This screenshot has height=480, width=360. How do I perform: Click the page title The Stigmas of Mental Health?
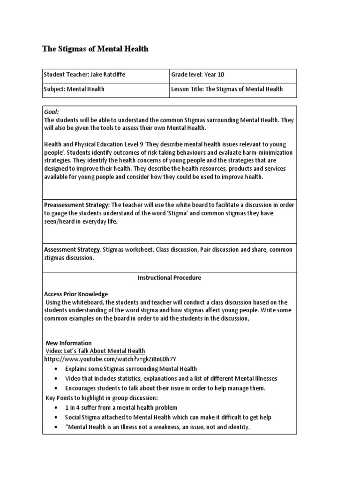(x=95, y=49)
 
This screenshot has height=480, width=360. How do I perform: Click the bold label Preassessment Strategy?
(x=77, y=205)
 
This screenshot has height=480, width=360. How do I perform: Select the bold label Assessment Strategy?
(x=72, y=250)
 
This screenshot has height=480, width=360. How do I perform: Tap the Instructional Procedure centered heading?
(x=169, y=277)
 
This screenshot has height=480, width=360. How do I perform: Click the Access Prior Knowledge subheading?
(x=76, y=294)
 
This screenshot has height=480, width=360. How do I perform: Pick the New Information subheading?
(x=68, y=343)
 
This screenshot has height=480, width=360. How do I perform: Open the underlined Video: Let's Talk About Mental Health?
(x=95, y=351)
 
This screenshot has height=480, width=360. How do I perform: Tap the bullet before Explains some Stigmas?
(x=56, y=369)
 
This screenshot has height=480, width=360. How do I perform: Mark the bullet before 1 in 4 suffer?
(x=56, y=408)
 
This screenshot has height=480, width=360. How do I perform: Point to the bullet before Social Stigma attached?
(x=56, y=417)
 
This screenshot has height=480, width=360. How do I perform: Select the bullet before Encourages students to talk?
(x=56, y=388)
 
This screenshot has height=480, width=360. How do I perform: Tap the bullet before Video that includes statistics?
(x=56, y=378)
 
